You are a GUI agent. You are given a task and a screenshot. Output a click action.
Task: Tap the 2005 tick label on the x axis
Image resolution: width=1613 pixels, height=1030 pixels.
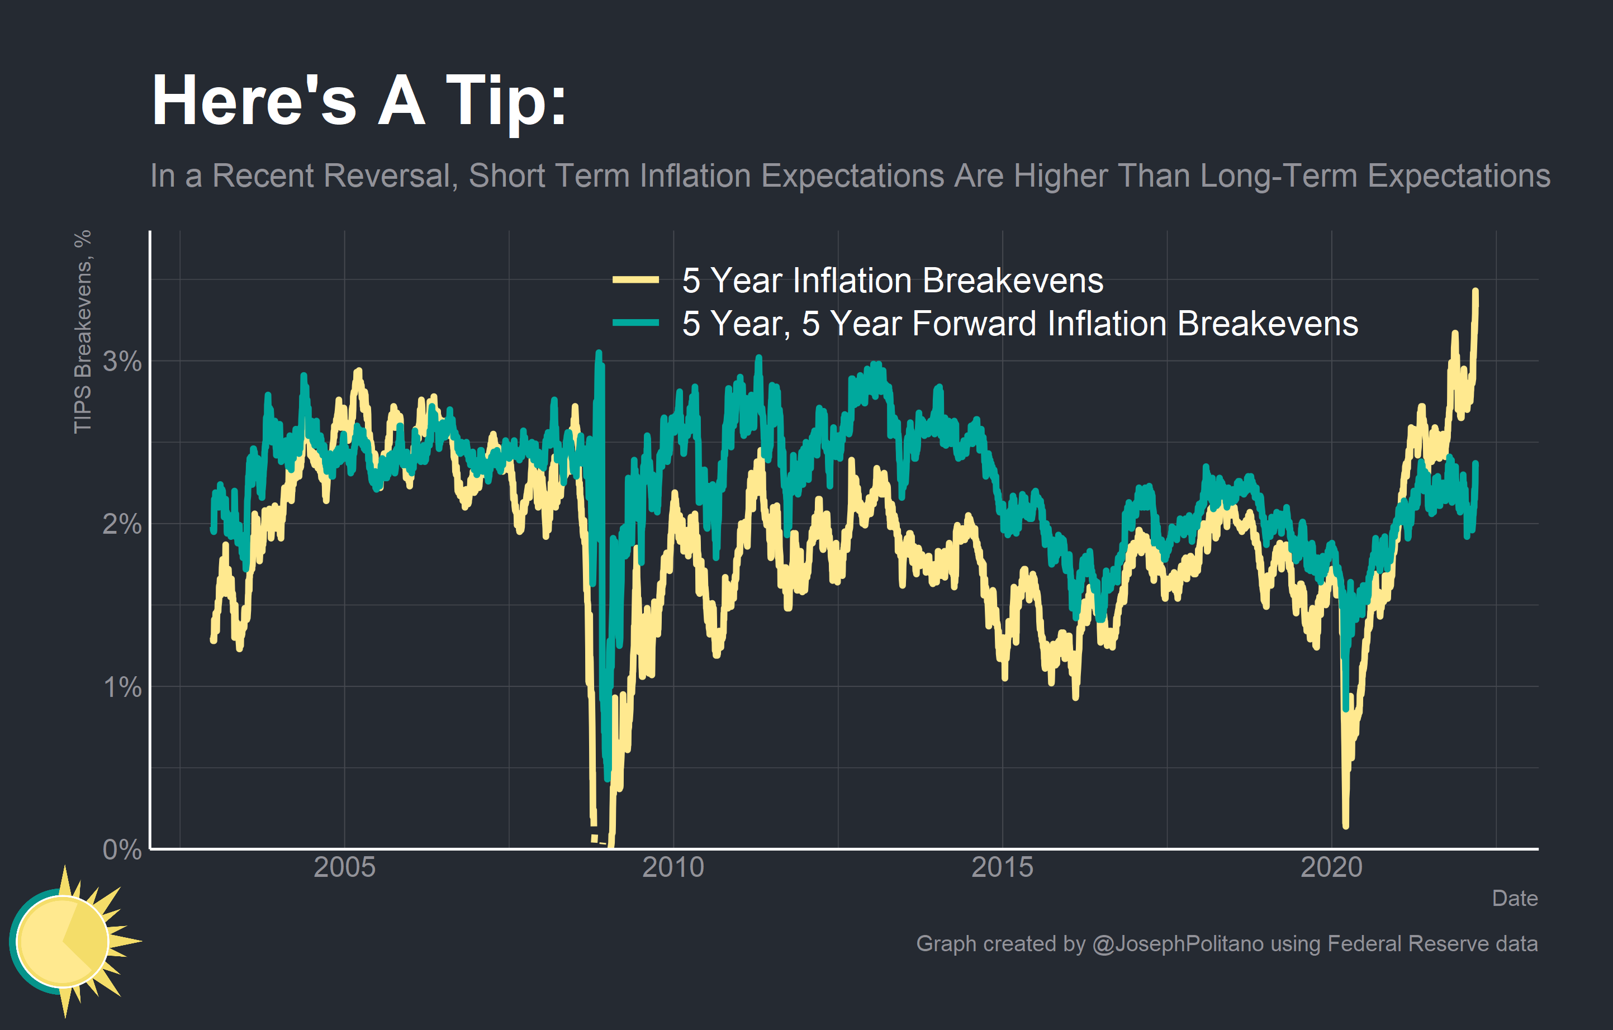344,867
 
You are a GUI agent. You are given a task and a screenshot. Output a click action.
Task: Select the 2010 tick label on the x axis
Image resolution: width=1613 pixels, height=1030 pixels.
673,867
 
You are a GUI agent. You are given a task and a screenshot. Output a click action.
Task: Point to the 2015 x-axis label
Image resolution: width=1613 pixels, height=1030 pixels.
1002,867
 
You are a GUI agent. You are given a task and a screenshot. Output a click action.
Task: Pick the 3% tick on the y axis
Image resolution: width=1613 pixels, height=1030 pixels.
122,362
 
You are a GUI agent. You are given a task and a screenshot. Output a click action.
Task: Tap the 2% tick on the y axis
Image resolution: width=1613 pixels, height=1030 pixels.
122,524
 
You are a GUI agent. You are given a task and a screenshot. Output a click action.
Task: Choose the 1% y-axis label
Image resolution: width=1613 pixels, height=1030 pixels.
122,687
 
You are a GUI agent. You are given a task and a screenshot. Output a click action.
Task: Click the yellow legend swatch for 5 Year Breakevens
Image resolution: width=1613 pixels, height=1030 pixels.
635,280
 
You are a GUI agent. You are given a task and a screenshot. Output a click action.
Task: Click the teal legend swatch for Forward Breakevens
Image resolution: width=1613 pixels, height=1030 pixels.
635,324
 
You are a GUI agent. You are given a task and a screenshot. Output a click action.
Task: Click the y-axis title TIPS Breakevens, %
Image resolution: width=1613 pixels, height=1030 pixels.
82,331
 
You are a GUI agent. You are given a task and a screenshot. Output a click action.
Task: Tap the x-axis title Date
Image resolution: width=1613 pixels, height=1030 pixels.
1515,898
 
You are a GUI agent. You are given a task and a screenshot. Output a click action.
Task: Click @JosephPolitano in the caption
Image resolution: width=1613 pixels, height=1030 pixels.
1178,943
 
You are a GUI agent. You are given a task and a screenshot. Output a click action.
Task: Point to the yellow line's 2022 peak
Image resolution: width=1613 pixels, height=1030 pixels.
1476,292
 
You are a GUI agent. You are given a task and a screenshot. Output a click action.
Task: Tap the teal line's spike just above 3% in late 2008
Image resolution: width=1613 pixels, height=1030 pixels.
599,354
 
